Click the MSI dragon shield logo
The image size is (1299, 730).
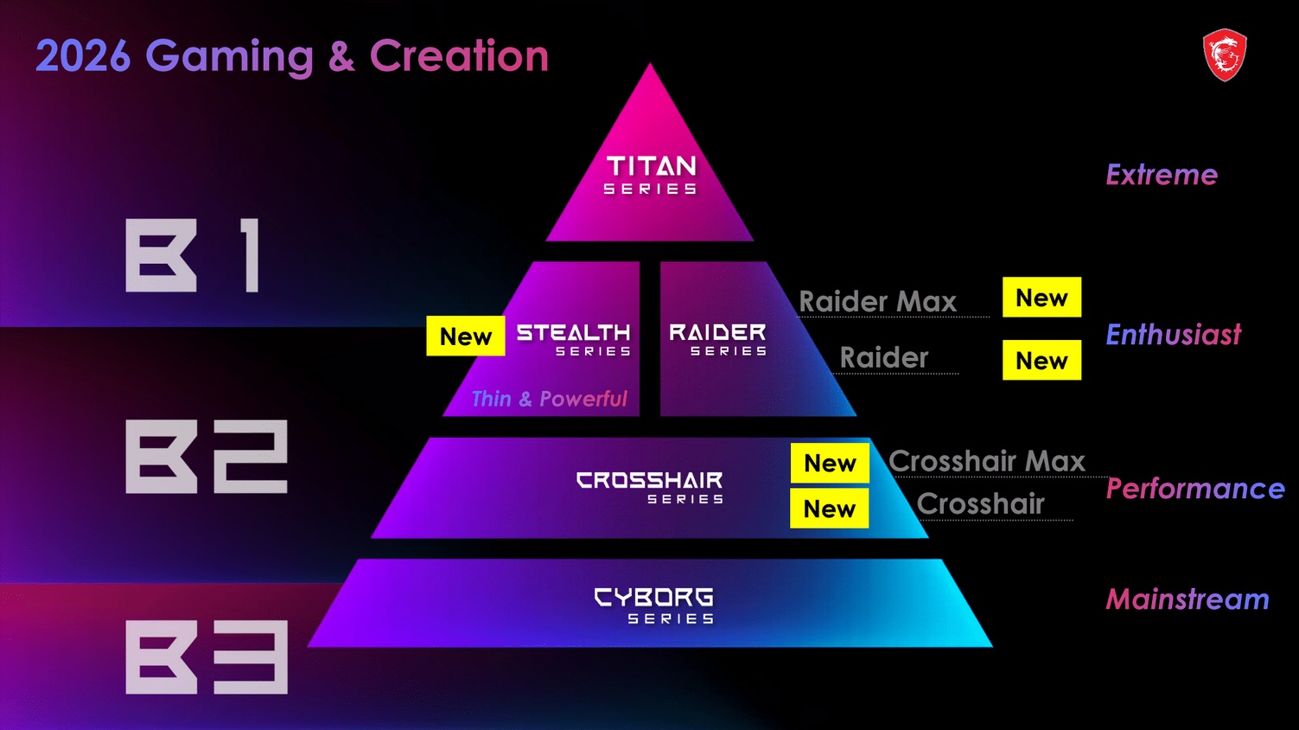click(1225, 54)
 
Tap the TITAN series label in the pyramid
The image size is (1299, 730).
click(651, 175)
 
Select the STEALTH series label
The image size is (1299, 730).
click(574, 339)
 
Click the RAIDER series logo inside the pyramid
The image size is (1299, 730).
click(718, 339)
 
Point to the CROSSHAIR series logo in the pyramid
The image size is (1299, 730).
click(650, 486)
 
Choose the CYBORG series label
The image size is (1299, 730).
click(654, 605)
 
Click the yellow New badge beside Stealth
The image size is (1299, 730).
click(465, 336)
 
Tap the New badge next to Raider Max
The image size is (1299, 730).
click(1041, 298)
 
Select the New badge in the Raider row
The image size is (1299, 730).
click(1041, 360)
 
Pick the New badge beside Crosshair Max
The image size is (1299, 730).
click(830, 463)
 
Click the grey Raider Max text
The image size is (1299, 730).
click(877, 301)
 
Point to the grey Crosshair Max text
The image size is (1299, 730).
click(986, 461)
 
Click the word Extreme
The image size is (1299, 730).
click(1162, 175)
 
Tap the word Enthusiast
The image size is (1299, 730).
click(1173, 335)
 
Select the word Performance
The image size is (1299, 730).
click(1195, 489)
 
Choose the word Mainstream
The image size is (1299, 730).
click(1188, 599)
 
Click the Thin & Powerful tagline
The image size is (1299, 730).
click(549, 399)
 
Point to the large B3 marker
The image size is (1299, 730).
click(207, 656)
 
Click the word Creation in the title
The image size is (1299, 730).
click(459, 56)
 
